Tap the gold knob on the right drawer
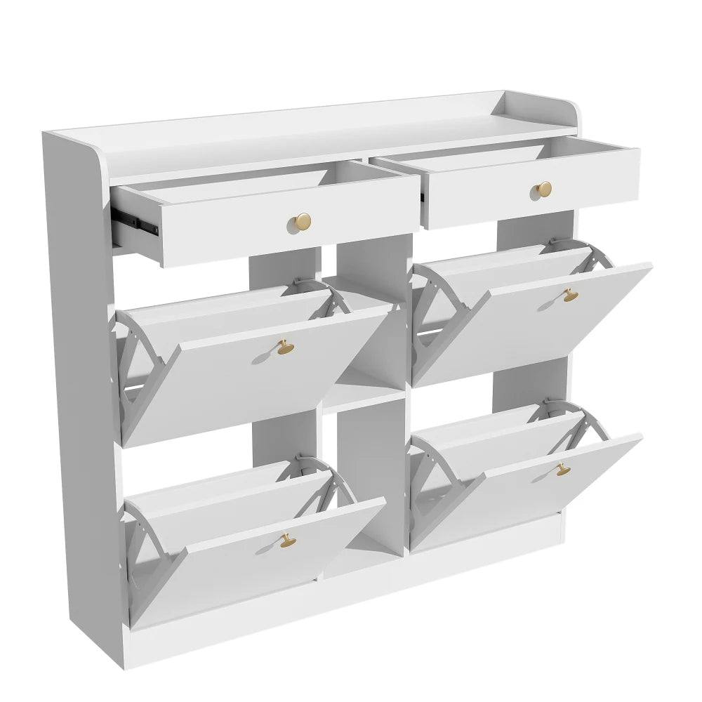coord(543,189)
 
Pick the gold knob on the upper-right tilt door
coord(567,296)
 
